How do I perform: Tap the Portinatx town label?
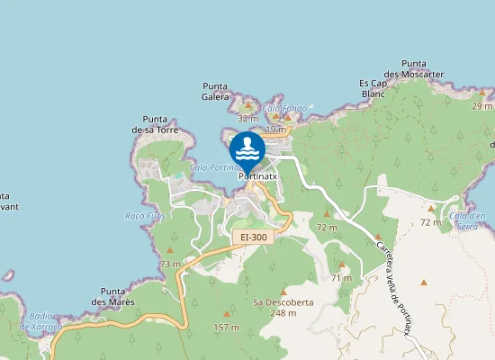pos(257,177)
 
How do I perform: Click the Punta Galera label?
pos(215,91)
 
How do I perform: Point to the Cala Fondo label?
pos(285,109)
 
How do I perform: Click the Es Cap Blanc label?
pos(373,87)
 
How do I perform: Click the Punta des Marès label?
pos(118,297)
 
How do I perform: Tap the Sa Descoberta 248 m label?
pos(283,308)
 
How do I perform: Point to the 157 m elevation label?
pos(226,328)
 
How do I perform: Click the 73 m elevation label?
pos(170,264)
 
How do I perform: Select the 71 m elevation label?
pos(341,278)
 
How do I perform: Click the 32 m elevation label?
pos(247,118)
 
